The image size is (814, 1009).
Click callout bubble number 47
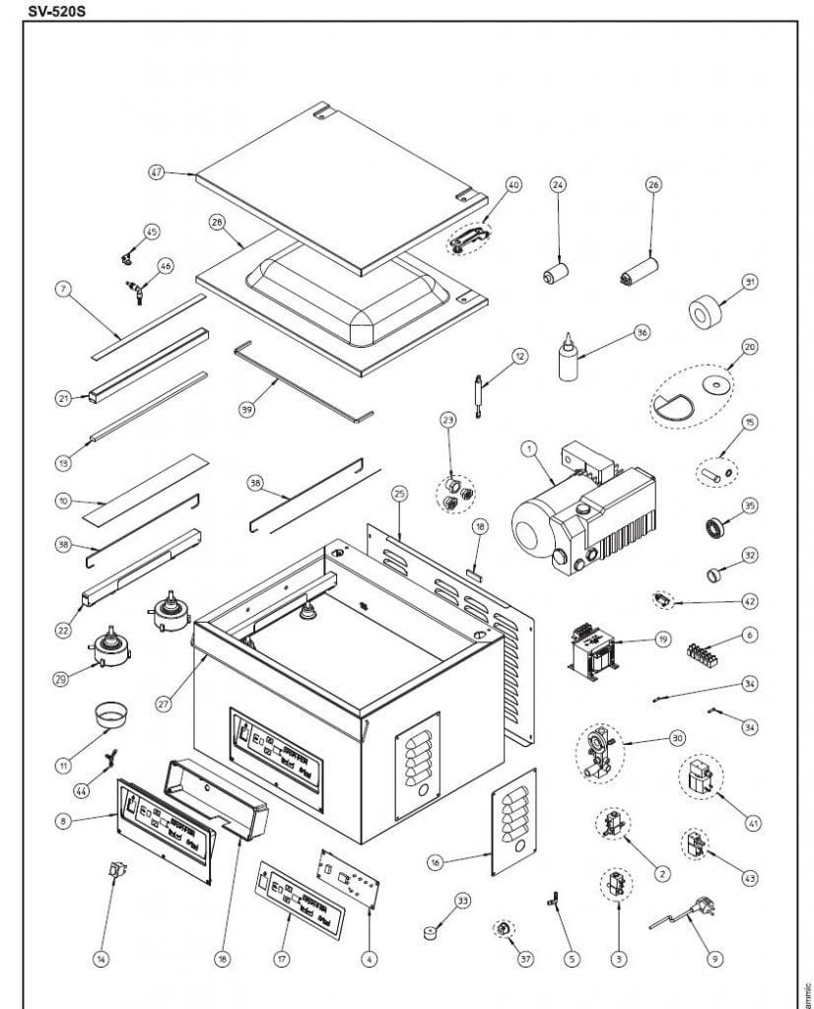156,171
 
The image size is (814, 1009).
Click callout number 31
750,283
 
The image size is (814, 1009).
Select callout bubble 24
558,184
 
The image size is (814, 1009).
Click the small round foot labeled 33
431,931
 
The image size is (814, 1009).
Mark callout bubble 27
165,704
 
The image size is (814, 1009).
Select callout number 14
100,957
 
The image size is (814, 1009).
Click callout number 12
519,355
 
